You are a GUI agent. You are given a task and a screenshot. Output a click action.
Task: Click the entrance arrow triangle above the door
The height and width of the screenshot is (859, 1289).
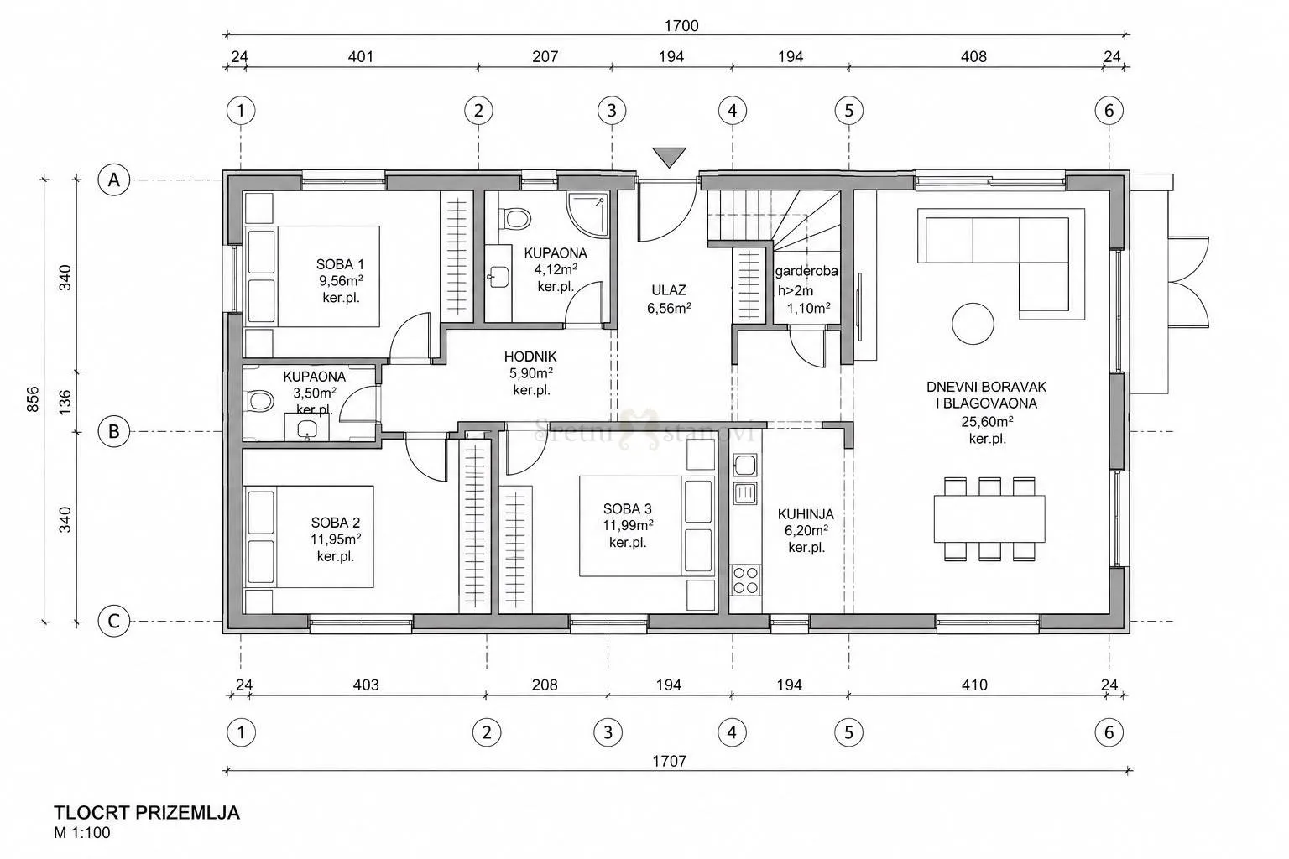click(669, 156)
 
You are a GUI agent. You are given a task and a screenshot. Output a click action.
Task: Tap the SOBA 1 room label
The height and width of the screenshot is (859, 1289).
click(340, 264)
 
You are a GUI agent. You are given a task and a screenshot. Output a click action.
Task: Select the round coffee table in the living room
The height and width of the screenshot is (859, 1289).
click(973, 324)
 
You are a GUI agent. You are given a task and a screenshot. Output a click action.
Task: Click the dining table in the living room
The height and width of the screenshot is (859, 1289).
click(989, 518)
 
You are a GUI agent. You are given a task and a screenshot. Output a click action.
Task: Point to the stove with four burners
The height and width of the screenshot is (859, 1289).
click(745, 580)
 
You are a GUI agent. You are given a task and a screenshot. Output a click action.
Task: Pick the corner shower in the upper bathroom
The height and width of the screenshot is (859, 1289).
click(587, 215)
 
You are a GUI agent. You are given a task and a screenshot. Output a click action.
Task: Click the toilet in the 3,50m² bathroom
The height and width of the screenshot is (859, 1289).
click(259, 401)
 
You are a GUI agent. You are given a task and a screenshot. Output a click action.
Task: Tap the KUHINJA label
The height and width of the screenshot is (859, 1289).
click(806, 513)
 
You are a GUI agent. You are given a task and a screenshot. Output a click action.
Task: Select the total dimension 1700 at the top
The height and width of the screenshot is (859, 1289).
click(681, 26)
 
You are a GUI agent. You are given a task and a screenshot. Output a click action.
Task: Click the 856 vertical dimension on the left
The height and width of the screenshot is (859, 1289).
click(33, 398)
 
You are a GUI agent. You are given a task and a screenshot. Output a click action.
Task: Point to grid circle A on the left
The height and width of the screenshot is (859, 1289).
click(114, 180)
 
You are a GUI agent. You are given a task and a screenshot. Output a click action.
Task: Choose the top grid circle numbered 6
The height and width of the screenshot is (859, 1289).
click(1109, 110)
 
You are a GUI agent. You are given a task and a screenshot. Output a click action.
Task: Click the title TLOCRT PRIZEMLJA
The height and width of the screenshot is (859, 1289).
click(147, 813)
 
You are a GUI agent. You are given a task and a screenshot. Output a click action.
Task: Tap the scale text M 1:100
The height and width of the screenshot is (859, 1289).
click(81, 832)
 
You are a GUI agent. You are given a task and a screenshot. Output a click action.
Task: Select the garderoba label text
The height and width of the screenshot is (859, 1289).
click(806, 271)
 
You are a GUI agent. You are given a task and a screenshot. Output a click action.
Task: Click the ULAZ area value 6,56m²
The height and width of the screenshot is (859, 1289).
click(669, 309)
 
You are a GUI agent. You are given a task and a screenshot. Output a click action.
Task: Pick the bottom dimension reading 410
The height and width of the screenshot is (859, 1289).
click(974, 685)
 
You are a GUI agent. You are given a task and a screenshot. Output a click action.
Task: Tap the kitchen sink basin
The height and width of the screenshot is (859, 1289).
click(745, 465)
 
